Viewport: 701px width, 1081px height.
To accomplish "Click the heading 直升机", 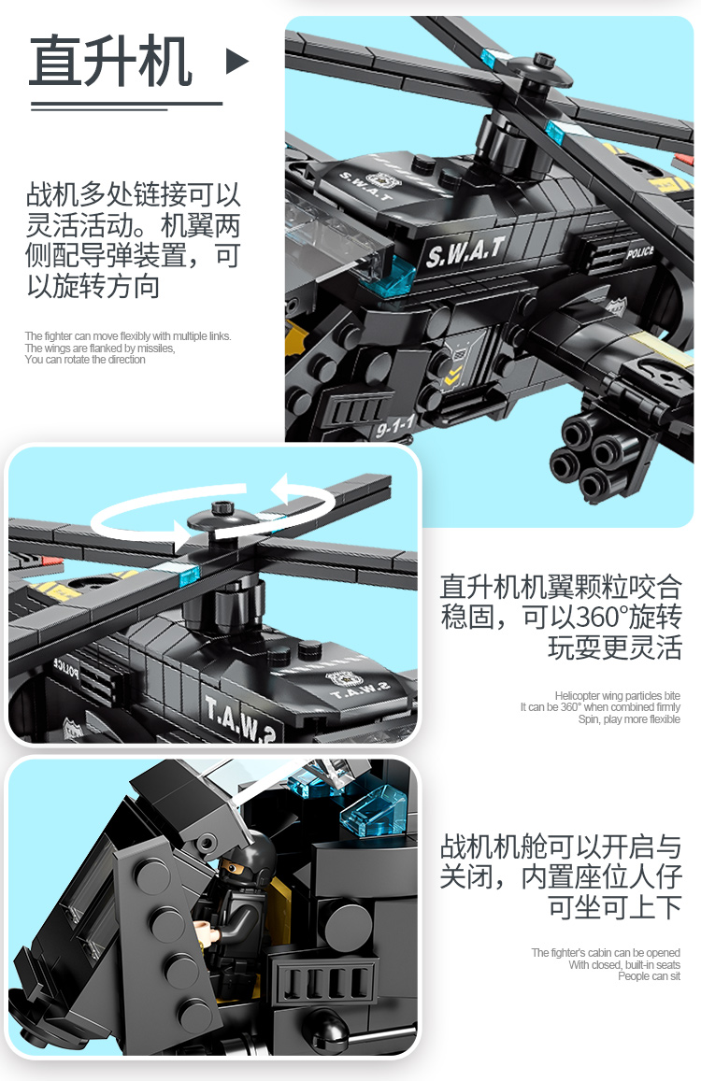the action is tap(110, 62).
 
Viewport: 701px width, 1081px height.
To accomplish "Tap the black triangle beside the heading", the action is tap(236, 62).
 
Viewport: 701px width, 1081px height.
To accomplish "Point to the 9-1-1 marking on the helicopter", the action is tap(395, 427).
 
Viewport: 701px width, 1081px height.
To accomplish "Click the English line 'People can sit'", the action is tap(649, 976).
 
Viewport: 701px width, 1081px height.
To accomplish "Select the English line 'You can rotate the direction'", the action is tap(85, 360).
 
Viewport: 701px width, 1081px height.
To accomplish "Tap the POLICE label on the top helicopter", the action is tap(639, 252).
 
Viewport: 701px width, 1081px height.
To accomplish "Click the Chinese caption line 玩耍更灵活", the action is tap(615, 648).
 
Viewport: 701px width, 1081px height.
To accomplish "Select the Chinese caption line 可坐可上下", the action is tap(615, 907).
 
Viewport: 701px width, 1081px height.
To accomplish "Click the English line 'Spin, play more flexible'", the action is tap(628, 719).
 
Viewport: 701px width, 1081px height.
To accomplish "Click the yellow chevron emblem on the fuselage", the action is tap(452, 377).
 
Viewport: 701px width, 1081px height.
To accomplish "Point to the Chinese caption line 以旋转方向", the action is tap(93, 286).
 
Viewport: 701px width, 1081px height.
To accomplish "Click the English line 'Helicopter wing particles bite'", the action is tap(618, 696).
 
